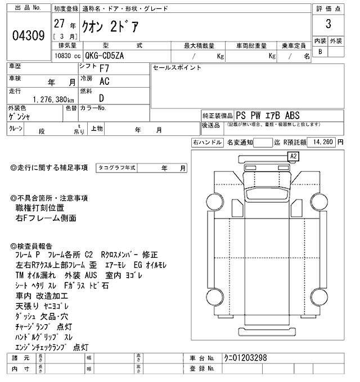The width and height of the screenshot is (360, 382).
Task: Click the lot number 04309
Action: pos(28,35)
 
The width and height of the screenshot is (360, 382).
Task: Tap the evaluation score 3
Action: pos(327,26)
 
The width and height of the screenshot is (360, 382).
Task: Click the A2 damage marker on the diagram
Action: pos(293,156)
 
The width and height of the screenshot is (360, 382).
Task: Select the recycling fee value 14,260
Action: pos(322,143)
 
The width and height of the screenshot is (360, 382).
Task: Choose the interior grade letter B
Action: pos(321,52)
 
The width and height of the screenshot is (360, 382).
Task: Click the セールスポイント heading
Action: pos(177,67)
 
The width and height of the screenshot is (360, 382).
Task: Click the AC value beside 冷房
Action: pos(104,81)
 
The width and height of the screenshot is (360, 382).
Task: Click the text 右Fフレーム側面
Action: pos(46,218)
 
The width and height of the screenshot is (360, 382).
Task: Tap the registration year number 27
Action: pos(58,24)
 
